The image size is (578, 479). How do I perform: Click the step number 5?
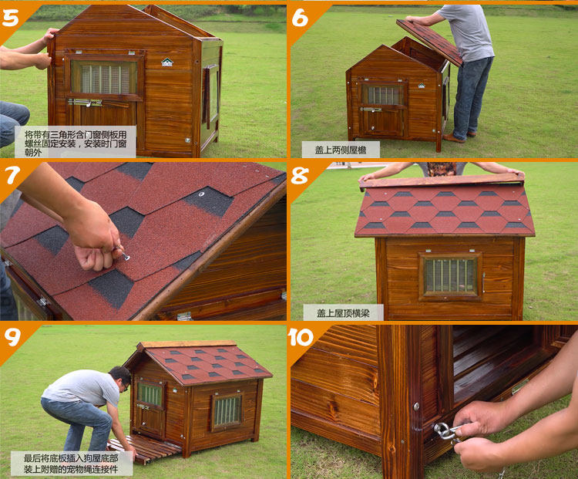(10, 18)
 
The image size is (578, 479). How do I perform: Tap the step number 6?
(300, 17)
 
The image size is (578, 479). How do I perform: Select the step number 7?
(12, 175)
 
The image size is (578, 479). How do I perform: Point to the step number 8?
(300, 175)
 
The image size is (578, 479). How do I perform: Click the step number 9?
(12, 337)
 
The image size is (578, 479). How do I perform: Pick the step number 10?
(301, 337)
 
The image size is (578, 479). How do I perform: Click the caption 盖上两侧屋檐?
(341, 150)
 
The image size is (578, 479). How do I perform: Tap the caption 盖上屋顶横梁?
(343, 313)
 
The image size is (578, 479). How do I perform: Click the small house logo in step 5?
(167, 62)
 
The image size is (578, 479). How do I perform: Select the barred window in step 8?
(450, 275)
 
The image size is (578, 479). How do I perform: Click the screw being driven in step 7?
(126, 257)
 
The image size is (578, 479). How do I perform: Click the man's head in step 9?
(121, 379)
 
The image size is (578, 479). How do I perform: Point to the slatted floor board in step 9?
(144, 448)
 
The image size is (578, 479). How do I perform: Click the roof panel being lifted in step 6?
(430, 42)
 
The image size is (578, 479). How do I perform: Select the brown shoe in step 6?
(454, 138)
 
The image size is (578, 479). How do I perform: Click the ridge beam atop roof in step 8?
(442, 180)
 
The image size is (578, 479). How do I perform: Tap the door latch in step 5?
(85, 103)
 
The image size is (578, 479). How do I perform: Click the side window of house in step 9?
(227, 410)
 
